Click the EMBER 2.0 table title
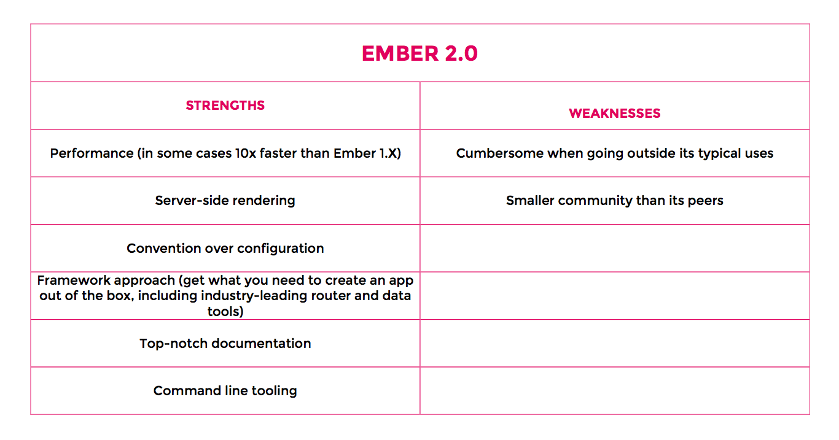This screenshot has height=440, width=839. (419, 53)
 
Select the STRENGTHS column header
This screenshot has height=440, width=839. (225, 106)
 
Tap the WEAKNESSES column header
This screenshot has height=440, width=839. (614, 114)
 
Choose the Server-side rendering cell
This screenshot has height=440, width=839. (225, 201)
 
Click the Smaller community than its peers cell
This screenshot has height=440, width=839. (614, 201)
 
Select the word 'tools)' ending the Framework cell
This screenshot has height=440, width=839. (225, 311)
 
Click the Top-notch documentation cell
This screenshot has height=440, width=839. (225, 344)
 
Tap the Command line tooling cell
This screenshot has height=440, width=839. (225, 391)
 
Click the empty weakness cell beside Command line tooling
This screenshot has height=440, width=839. (614, 391)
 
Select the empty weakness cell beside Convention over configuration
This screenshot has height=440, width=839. (614, 249)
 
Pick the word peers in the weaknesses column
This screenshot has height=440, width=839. (705, 201)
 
